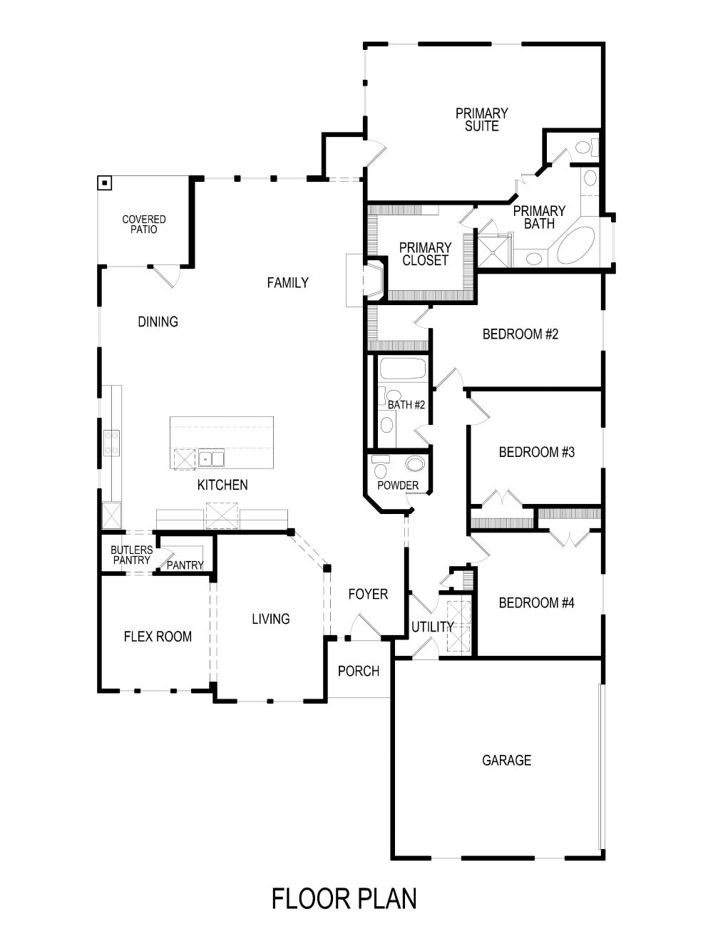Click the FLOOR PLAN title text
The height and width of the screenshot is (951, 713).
[x=344, y=899]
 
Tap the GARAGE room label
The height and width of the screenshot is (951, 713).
[x=506, y=761]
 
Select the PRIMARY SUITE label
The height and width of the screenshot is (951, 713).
[x=482, y=120]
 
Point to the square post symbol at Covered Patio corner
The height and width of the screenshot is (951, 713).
[x=105, y=183]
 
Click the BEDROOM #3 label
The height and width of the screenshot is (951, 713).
[x=536, y=452]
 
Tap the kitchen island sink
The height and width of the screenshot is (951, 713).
[x=211, y=458]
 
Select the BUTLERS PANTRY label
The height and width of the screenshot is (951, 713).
[x=132, y=555]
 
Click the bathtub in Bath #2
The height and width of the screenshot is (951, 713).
[x=402, y=370]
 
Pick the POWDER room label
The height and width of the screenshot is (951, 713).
[x=398, y=485]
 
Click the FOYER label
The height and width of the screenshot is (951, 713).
[x=368, y=594]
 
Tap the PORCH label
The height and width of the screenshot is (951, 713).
[x=359, y=671]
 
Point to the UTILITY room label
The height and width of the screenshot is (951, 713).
[x=432, y=627]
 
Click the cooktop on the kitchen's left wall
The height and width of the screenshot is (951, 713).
[x=111, y=443]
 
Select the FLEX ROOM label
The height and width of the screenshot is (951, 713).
[x=158, y=637]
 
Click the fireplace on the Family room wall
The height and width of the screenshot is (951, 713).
[x=373, y=279]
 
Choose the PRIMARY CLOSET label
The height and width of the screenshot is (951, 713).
[x=425, y=255]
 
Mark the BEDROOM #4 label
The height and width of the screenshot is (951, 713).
[x=536, y=603]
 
